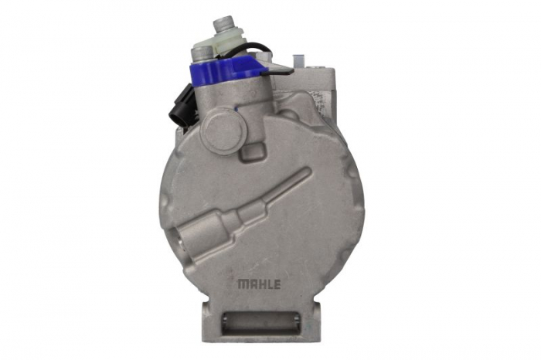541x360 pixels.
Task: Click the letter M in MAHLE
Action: pyautogui.click(x=241, y=284)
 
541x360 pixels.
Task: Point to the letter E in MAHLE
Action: pyautogui.click(x=277, y=284)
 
